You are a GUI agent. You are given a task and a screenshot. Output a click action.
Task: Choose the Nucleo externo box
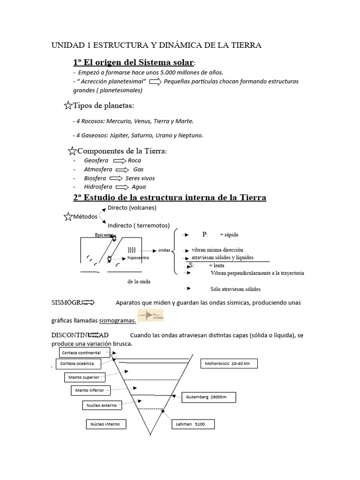(101, 405)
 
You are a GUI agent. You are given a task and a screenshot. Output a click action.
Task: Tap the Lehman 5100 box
(193, 424)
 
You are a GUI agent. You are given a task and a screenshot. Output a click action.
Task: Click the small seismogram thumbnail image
(151, 316)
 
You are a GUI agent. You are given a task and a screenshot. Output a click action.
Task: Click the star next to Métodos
(67, 216)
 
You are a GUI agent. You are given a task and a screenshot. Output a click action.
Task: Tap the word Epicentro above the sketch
(104, 234)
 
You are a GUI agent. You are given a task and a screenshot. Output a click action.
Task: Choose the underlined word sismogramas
(118, 321)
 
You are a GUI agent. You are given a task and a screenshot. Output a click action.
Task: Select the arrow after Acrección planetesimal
(156, 82)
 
